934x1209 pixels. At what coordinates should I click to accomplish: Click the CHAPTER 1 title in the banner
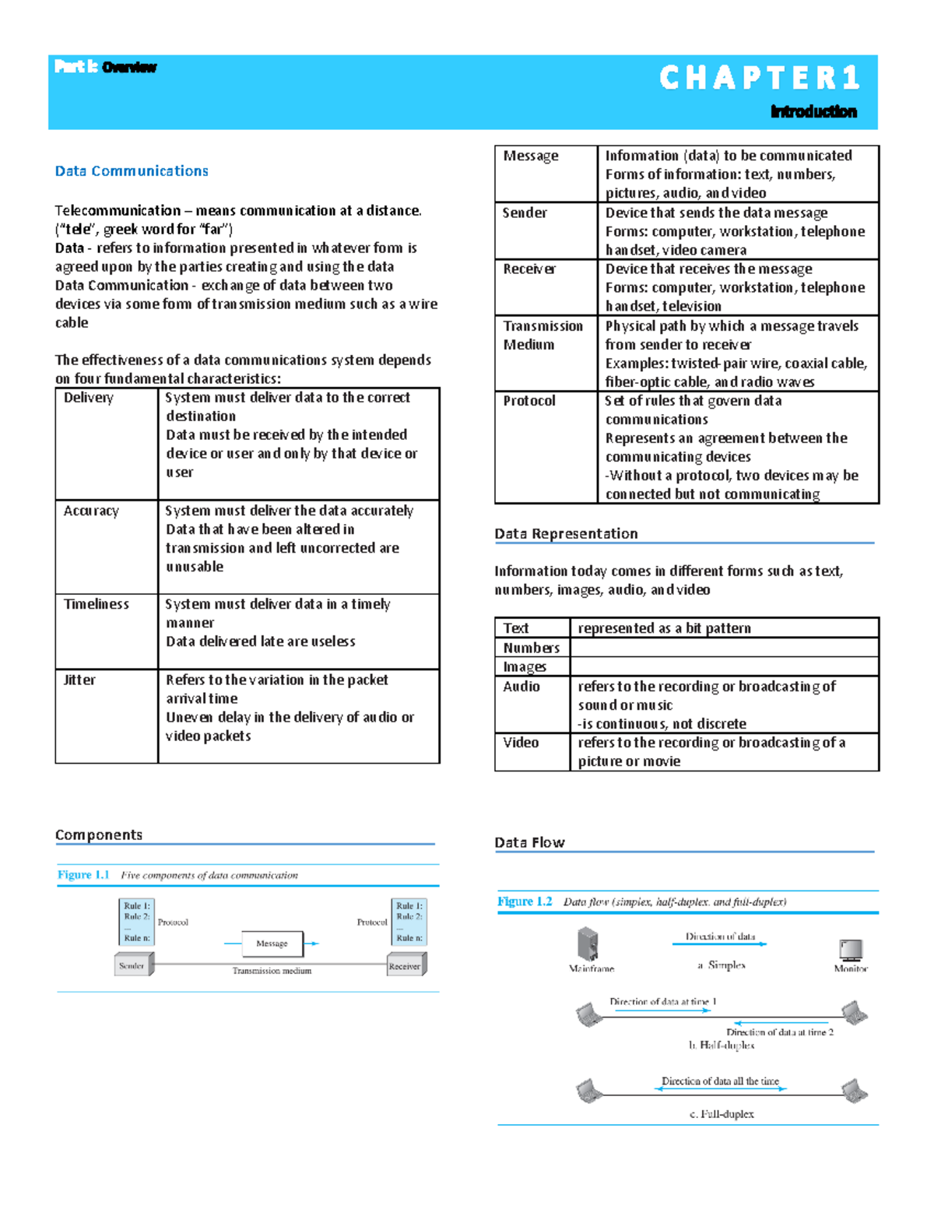pyautogui.click(x=759, y=78)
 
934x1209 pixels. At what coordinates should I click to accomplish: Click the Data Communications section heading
pyautogui.click(x=132, y=171)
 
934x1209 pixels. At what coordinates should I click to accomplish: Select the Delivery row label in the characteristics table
pyautogui.click(x=88, y=398)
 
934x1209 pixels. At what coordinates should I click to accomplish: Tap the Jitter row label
pyautogui.click(x=79, y=680)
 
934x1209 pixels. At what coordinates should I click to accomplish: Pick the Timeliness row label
pyautogui.click(x=96, y=604)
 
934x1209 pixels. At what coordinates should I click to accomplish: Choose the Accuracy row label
pyautogui.click(x=91, y=511)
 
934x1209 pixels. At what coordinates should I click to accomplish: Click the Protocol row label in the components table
pyautogui.click(x=529, y=401)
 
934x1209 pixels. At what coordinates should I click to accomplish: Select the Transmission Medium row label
pyautogui.click(x=542, y=336)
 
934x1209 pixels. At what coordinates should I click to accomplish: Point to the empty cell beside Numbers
pyautogui.click(x=724, y=648)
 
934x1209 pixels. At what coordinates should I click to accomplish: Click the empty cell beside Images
pyautogui.click(x=724, y=666)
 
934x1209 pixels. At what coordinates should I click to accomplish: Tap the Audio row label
pyautogui.click(x=521, y=687)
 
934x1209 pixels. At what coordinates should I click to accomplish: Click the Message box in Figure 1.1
pyautogui.click(x=272, y=944)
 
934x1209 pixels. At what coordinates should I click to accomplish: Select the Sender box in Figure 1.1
pyautogui.click(x=133, y=965)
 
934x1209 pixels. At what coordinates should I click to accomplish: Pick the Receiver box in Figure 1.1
pyautogui.click(x=406, y=965)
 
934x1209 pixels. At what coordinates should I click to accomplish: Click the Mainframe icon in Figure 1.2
pyautogui.click(x=588, y=944)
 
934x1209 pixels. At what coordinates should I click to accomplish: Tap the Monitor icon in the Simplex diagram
pyautogui.click(x=851, y=950)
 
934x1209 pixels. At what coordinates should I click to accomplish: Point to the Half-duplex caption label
pyautogui.click(x=722, y=1046)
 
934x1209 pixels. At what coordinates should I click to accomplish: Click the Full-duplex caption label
pyautogui.click(x=722, y=1114)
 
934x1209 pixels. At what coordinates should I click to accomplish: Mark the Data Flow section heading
pyautogui.click(x=529, y=842)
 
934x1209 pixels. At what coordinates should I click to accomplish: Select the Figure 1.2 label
pyautogui.click(x=525, y=901)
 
